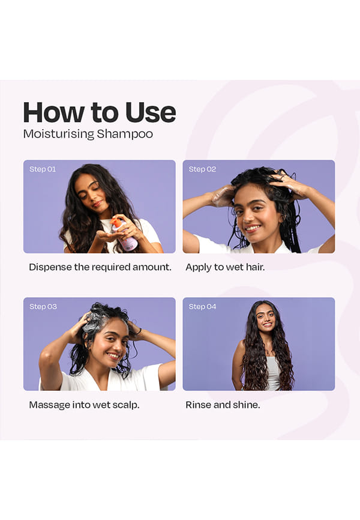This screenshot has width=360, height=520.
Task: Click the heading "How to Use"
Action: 100,112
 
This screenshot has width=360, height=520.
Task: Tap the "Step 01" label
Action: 43,169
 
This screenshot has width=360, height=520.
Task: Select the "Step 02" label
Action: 202,169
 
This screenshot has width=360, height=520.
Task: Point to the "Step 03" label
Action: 43,306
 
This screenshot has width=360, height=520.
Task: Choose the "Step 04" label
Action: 202,306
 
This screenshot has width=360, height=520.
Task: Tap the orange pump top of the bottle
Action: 116,221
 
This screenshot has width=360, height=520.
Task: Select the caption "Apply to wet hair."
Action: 225,267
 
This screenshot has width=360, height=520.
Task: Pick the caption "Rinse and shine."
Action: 223,405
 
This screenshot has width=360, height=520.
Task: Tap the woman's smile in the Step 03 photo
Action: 113,356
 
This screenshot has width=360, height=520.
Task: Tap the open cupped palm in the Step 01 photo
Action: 107,237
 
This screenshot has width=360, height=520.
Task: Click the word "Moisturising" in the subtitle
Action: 59,135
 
